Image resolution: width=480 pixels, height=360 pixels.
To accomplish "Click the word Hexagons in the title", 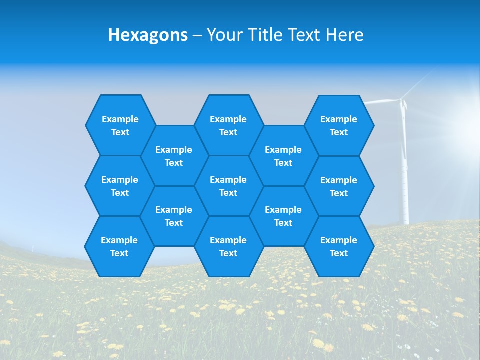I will tap(148, 35).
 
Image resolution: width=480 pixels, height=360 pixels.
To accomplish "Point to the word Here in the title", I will tap(344, 35).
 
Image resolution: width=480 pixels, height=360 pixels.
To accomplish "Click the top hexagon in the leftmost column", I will tap(120, 125).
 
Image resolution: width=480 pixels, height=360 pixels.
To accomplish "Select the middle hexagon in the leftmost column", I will tap(120, 186).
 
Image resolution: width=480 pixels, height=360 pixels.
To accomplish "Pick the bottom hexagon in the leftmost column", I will tap(119, 246).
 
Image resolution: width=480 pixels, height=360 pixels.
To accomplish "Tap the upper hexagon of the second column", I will tap(174, 156).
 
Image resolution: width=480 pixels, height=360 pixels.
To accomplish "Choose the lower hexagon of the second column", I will tap(174, 216).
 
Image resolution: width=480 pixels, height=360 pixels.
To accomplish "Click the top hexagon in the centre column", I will tap(228, 125).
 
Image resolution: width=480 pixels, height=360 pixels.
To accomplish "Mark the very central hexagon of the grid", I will tap(228, 186).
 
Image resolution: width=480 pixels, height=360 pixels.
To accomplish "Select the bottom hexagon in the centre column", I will tap(228, 246).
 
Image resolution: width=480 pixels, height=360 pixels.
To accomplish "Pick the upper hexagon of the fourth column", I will tap(283, 156).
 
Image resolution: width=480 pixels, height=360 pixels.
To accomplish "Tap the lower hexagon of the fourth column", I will tap(283, 216).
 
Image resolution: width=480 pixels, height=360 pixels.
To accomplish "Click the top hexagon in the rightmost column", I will tap(339, 125).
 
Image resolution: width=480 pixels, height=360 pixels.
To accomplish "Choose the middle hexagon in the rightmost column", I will tap(339, 186).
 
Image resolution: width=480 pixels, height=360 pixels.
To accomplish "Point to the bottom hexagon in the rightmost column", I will tap(339, 246).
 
